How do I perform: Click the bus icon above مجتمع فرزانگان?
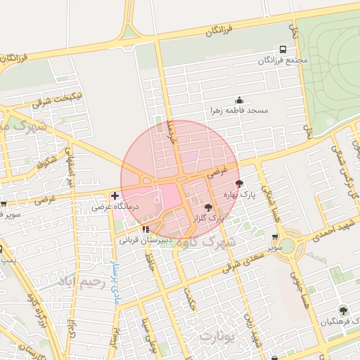283,50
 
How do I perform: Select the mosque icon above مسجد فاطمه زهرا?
239,100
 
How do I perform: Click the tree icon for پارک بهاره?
240,183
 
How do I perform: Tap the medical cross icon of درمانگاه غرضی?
115,195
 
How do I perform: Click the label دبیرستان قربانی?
143,239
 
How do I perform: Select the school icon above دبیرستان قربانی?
145,229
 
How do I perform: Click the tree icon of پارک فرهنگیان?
342,309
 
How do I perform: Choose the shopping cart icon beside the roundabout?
275,238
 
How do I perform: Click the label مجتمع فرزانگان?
283,60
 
